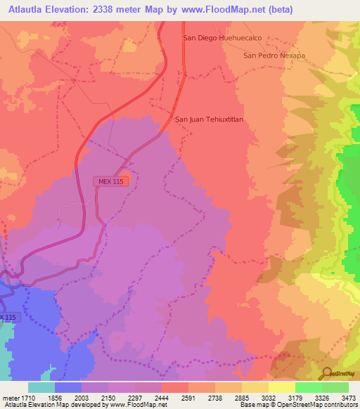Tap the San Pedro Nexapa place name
pyautogui.click(x=274, y=56)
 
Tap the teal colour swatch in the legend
pyautogui.click(x=41, y=387)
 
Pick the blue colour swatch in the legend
pyautogui.click(x=67, y=387)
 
